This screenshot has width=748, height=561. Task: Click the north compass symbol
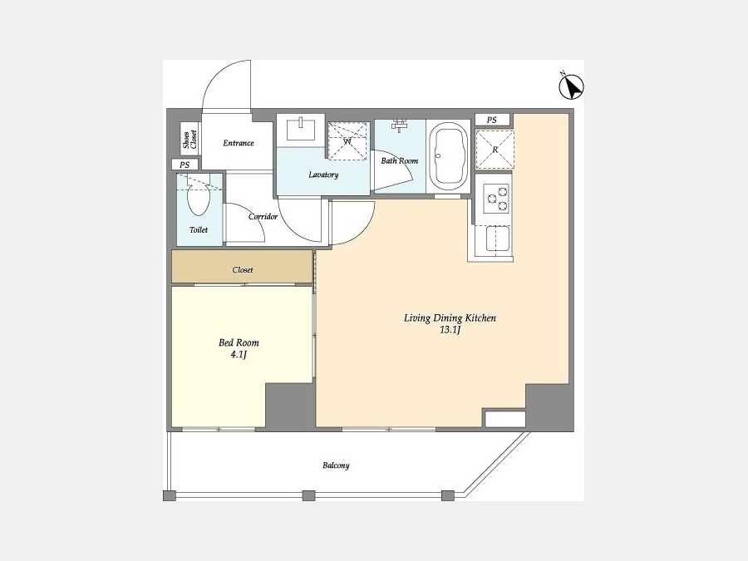pyautogui.click(x=571, y=86)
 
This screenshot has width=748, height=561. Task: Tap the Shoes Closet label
pyautogui.click(x=189, y=140)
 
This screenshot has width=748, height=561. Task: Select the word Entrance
pyautogui.click(x=239, y=143)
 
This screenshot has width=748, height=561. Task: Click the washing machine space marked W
pyautogui.click(x=347, y=140)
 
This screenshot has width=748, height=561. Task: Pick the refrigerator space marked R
pyautogui.click(x=495, y=150)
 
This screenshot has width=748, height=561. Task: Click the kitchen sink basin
pyautogui.click(x=498, y=238)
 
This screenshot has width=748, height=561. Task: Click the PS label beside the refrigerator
pyautogui.click(x=492, y=121)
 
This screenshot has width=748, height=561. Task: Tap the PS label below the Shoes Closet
pyautogui.click(x=185, y=165)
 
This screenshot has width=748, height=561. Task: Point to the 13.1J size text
pyautogui.click(x=450, y=330)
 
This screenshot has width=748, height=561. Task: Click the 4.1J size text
pyautogui.click(x=238, y=355)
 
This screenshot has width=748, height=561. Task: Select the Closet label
pyautogui.click(x=243, y=270)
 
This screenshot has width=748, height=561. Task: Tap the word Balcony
pyautogui.click(x=336, y=465)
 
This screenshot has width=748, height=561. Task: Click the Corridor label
pyautogui.click(x=263, y=217)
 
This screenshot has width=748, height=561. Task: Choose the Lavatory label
pyautogui.click(x=323, y=175)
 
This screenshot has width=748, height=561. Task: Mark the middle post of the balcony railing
pyautogui.click(x=308, y=495)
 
